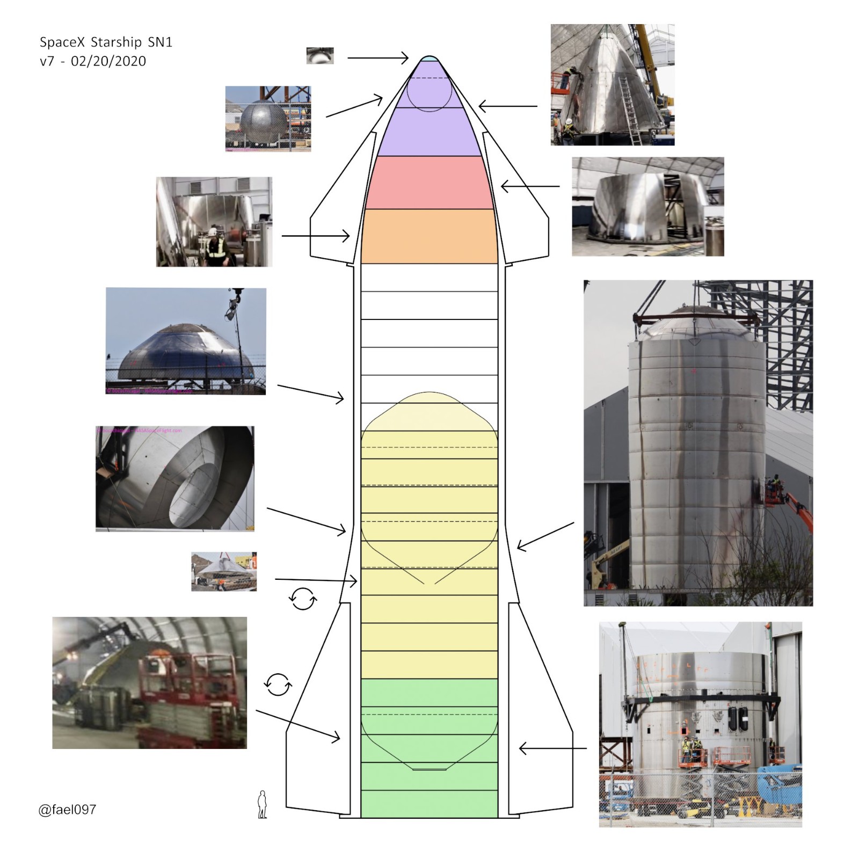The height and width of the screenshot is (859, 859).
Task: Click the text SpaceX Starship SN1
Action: pyautogui.click(x=106, y=42)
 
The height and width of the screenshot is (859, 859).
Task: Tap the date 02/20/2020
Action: pyautogui.click(x=108, y=61)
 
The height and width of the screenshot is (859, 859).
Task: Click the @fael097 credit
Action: pyautogui.click(x=68, y=809)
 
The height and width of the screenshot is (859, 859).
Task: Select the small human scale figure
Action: pyautogui.click(x=263, y=804)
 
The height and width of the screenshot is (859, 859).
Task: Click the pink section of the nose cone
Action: pyautogui.click(x=429, y=183)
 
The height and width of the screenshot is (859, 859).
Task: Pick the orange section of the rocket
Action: pyautogui.click(x=429, y=236)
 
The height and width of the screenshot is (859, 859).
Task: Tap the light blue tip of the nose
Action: pyautogui.click(x=429, y=59)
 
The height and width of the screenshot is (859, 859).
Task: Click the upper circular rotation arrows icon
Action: pyautogui.click(x=303, y=599)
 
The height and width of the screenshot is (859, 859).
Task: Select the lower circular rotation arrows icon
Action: pyautogui.click(x=278, y=685)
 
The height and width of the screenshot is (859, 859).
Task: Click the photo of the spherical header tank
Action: pyautogui.click(x=268, y=119)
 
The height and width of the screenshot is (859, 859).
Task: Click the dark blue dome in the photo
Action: pyautogui.click(x=185, y=354)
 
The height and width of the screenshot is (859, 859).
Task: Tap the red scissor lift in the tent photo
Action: pyautogui.click(x=193, y=698)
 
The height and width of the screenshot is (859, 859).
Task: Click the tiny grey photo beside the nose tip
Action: pyautogui.click(x=320, y=55)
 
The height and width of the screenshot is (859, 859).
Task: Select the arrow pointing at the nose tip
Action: pyautogui.click(x=378, y=57)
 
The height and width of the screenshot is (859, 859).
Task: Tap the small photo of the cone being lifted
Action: pyautogui.click(x=224, y=572)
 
